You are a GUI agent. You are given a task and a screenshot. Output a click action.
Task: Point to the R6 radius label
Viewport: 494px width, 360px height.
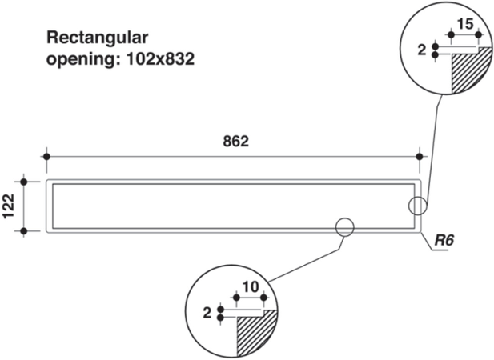(x=444, y=240)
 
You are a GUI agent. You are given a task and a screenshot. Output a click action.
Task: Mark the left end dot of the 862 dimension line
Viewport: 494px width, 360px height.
(x=48, y=156)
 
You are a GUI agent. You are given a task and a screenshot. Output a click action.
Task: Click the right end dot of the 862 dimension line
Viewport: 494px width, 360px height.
(x=420, y=156)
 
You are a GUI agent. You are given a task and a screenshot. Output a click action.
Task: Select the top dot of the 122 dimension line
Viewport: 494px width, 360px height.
(x=24, y=182)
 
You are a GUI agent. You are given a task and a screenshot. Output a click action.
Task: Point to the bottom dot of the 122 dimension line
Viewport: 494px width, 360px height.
(x=24, y=231)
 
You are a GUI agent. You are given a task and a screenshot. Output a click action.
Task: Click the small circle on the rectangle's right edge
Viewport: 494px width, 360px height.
(x=417, y=206)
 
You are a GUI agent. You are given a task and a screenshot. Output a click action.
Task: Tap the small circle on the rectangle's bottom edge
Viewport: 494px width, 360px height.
(x=344, y=227)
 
